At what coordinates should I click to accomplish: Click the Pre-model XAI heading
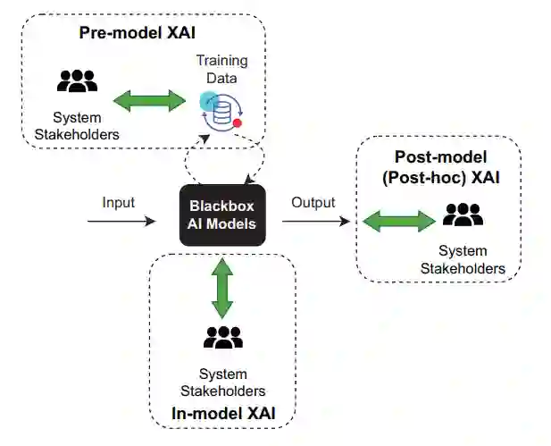click(x=137, y=33)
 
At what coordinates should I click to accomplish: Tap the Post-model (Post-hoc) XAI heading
click(x=440, y=167)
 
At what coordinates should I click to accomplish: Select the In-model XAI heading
click(x=223, y=413)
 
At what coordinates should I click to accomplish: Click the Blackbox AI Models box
click(x=222, y=215)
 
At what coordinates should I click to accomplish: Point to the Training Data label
click(x=221, y=70)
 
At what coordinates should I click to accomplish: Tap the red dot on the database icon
click(x=238, y=123)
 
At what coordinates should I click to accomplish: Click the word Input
click(x=119, y=203)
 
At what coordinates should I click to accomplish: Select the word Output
click(x=313, y=203)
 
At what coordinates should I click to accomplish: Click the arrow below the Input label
click(x=121, y=222)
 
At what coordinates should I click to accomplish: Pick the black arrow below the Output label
click(x=316, y=222)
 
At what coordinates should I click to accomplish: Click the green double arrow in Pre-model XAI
click(x=149, y=101)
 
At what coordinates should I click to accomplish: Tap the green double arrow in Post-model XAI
click(x=399, y=222)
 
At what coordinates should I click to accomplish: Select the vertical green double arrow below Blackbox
click(x=222, y=289)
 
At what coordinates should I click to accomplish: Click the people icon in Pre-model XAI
click(x=78, y=81)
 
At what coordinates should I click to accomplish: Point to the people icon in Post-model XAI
click(x=463, y=215)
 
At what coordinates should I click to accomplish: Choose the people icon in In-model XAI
click(x=223, y=338)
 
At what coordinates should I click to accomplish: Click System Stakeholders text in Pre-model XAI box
click(x=77, y=126)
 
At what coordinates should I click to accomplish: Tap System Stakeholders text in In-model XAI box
click(x=222, y=383)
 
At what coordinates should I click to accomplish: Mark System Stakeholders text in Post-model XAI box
click(x=463, y=260)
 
